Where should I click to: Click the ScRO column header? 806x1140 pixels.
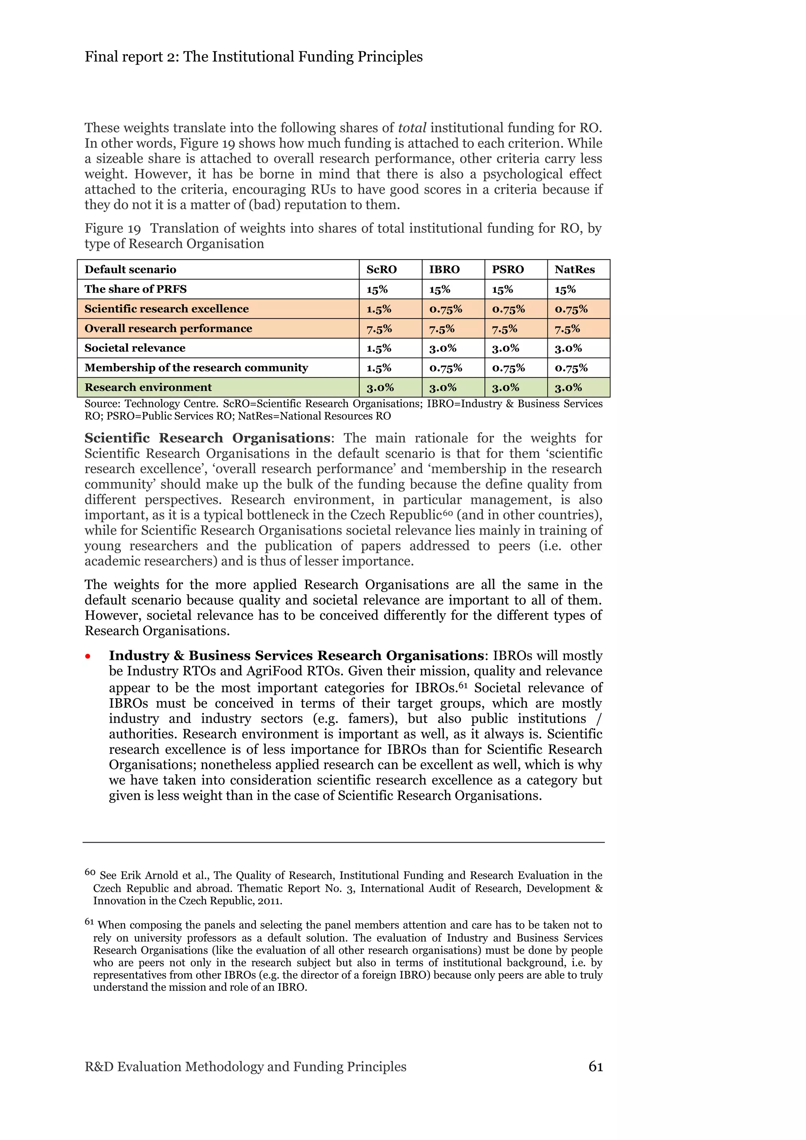tap(381, 269)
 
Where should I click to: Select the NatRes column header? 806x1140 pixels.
tap(574, 269)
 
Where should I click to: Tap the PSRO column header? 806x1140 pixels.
tap(508, 269)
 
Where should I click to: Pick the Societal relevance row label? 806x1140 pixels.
tap(135, 348)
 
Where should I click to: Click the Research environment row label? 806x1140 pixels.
tap(148, 387)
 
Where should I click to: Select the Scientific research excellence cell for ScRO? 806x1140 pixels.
tap(379, 309)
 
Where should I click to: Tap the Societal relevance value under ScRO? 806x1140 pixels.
tap(379, 348)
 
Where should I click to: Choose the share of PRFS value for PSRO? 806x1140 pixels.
tap(503, 290)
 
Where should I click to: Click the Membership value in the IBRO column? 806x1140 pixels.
tap(446, 368)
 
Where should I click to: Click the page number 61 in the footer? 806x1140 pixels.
tap(595, 1066)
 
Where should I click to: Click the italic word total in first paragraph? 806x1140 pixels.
tap(412, 128)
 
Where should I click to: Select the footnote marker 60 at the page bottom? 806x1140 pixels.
tap(90, 873)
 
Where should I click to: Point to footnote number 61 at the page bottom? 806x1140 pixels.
tap(89, 922)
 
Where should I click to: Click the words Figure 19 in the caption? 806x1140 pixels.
tap(113, 229)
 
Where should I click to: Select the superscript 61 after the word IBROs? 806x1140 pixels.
tap(463, 686)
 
